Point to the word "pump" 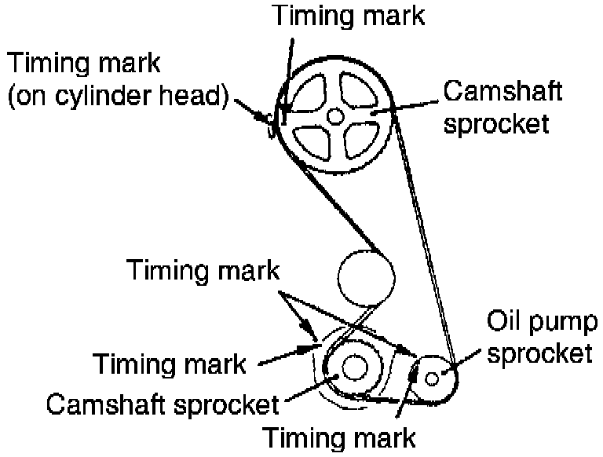(560, 324)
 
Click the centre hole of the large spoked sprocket (336, 115)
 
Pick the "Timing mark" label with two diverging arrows (203, 271)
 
